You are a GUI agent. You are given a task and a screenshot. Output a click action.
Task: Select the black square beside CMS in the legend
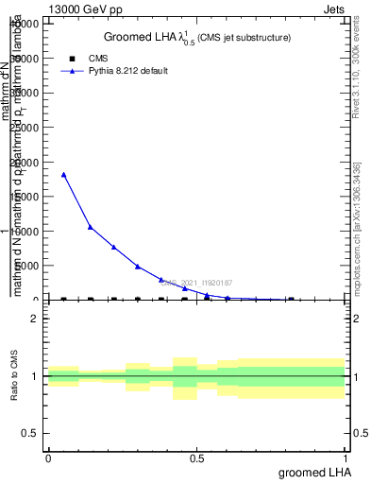[x=68, y=59]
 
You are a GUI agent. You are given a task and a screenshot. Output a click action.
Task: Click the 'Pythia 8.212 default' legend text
[x=127, y=71]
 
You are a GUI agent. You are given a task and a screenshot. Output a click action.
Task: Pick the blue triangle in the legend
[x=68, y=71]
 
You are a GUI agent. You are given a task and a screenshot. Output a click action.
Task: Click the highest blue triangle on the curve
[x=63, y=175]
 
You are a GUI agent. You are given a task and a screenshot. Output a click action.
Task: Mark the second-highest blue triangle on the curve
[x=90, y=227]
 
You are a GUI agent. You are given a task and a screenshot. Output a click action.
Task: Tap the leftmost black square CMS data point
[x=63, y=300]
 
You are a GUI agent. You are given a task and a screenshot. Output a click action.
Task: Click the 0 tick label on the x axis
[x=48, y=458]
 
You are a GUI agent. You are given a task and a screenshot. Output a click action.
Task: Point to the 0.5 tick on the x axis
[x=197, y=458]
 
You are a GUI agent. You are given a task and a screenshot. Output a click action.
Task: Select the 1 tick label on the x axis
[x=346, y=458]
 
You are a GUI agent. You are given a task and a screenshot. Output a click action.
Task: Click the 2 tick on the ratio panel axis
[x=35, y=320]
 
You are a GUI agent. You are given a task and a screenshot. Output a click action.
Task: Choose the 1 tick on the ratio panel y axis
[x=35, y=376]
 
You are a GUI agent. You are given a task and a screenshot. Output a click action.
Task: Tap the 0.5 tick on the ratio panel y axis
[x=30, y=433]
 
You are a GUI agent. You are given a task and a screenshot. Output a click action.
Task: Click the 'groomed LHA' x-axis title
[x=312, y=472]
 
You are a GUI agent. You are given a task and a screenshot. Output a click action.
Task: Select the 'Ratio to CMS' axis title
[x=14, y=376]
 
